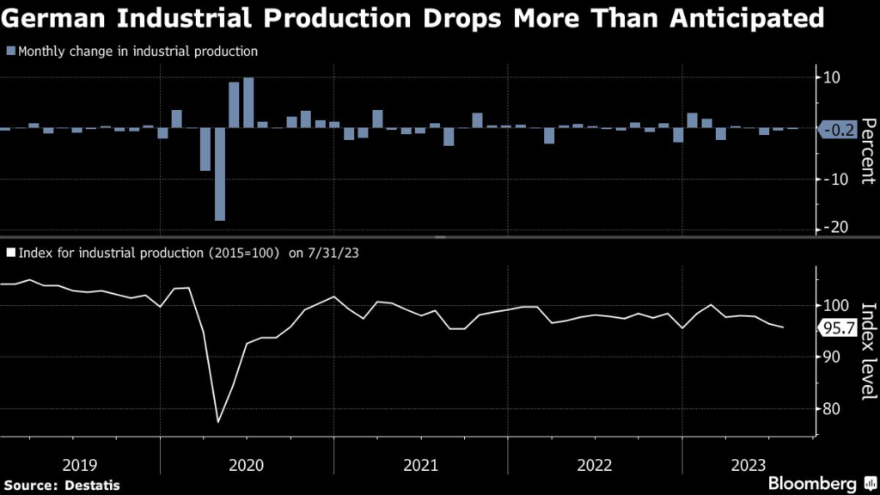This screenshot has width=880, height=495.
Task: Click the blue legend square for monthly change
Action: [9, 52]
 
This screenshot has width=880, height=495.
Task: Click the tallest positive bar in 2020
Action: [248, 102]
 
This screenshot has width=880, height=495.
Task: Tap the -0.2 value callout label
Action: [837, 131]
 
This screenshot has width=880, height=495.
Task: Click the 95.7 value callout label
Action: [837, 327]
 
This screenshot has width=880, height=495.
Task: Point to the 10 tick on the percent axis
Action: [832, 78]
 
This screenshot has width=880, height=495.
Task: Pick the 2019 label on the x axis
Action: [81, 465]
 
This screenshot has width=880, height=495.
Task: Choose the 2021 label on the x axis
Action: [421, 465]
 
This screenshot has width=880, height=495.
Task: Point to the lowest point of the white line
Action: [218, 422]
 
